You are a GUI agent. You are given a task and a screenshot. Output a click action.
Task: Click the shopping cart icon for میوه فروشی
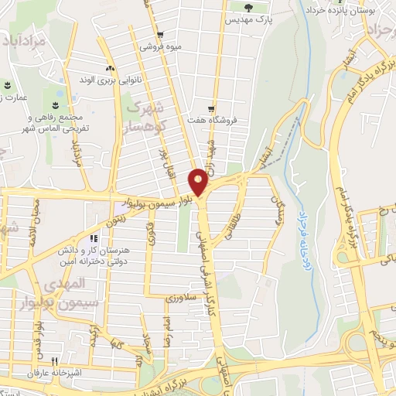159,35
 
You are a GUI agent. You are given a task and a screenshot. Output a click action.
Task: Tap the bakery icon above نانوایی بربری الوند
110,68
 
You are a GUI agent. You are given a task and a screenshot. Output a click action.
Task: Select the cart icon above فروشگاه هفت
211,109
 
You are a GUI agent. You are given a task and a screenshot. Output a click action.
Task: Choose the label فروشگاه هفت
211,121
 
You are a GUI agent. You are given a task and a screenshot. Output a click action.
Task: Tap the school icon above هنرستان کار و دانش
94,239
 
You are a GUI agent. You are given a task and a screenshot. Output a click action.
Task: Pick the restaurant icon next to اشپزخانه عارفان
54,360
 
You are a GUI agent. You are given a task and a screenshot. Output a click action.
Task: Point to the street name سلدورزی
183,296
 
